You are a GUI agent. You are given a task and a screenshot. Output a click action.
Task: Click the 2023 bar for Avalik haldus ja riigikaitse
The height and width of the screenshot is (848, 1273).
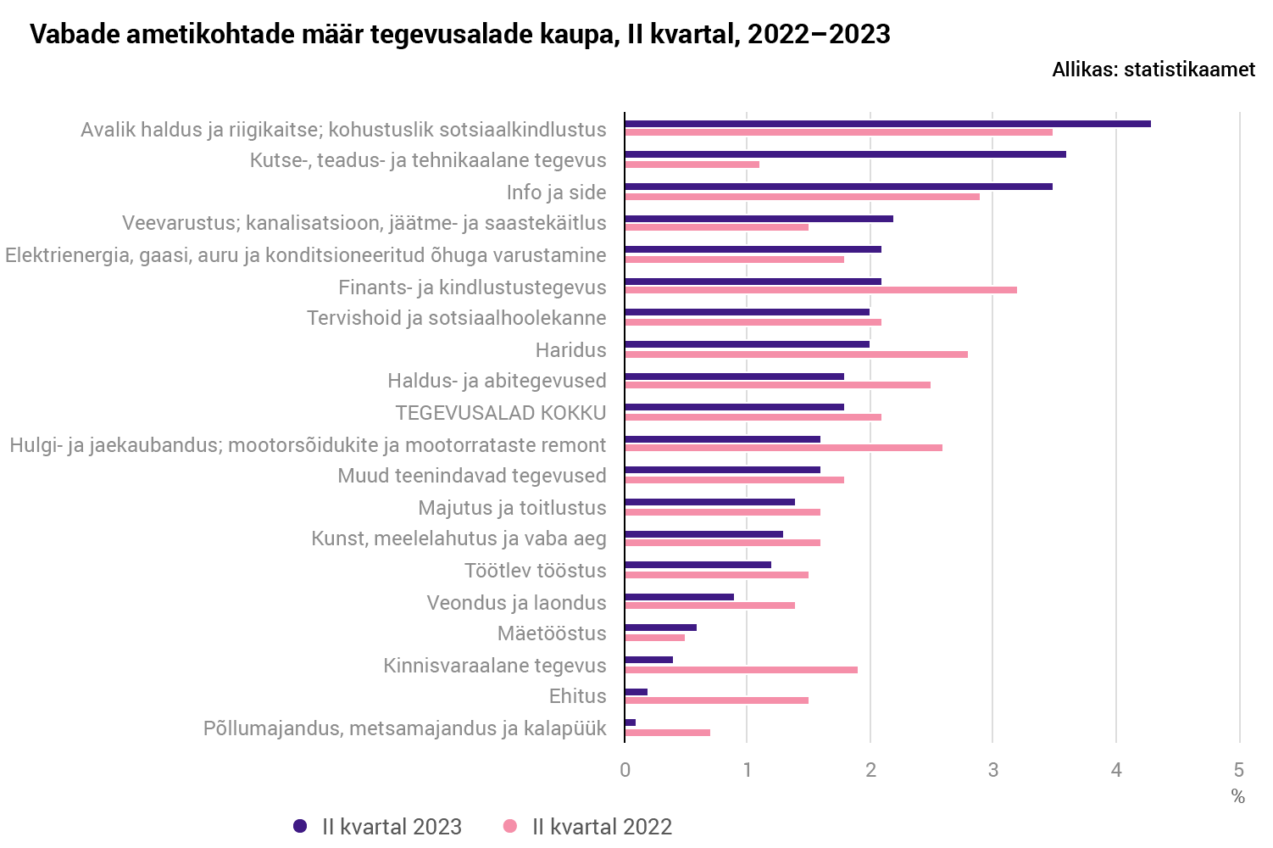pos(887,124)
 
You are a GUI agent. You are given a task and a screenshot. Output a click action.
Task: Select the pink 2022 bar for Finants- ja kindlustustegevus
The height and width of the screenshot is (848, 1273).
pos(820,290)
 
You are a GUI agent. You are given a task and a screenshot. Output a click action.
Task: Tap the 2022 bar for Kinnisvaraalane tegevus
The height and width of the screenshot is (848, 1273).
pos(741,670)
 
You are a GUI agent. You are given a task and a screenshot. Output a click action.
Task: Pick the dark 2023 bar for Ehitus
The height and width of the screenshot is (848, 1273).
pos(636,692)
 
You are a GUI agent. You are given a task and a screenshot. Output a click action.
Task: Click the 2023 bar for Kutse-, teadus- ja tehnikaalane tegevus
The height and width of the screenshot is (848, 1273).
pos(845,154)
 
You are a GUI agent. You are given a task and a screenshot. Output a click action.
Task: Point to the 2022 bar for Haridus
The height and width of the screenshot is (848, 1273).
pos(796,354)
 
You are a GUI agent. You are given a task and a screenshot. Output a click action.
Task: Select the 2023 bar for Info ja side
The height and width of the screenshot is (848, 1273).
pos(838,187)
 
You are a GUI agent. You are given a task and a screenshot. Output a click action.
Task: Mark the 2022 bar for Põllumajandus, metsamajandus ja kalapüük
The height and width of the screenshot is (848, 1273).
pos(667,733)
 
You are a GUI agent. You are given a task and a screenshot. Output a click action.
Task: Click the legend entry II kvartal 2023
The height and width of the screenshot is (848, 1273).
pos(378,827)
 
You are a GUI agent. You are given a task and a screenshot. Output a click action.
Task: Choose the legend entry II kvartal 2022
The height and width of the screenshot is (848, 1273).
pos(588,827)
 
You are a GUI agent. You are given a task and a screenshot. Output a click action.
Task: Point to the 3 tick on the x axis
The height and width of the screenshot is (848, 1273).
pos(992,770)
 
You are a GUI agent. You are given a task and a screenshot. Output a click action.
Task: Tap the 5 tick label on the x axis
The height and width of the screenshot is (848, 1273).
pos(1238,770)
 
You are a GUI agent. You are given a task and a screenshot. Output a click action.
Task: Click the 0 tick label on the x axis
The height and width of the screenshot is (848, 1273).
pos(625,770)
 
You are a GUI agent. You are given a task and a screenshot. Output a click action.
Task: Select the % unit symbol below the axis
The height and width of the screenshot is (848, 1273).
pos(1238,797)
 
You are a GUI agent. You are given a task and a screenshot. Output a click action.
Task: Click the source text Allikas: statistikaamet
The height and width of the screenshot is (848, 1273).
pos(1153,70)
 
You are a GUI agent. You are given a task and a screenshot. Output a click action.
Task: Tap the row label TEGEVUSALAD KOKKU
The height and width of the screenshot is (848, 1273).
pos(500,413)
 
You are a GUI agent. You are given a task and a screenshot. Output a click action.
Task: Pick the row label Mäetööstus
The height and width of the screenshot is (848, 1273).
pos(552,633)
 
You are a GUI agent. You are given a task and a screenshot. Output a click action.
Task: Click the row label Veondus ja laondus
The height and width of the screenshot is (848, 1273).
pos(516,603)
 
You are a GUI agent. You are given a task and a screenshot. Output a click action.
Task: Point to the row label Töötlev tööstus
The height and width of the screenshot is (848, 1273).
pos(535,571)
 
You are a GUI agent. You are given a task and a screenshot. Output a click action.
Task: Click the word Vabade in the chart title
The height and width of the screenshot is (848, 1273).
pos(74,34)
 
